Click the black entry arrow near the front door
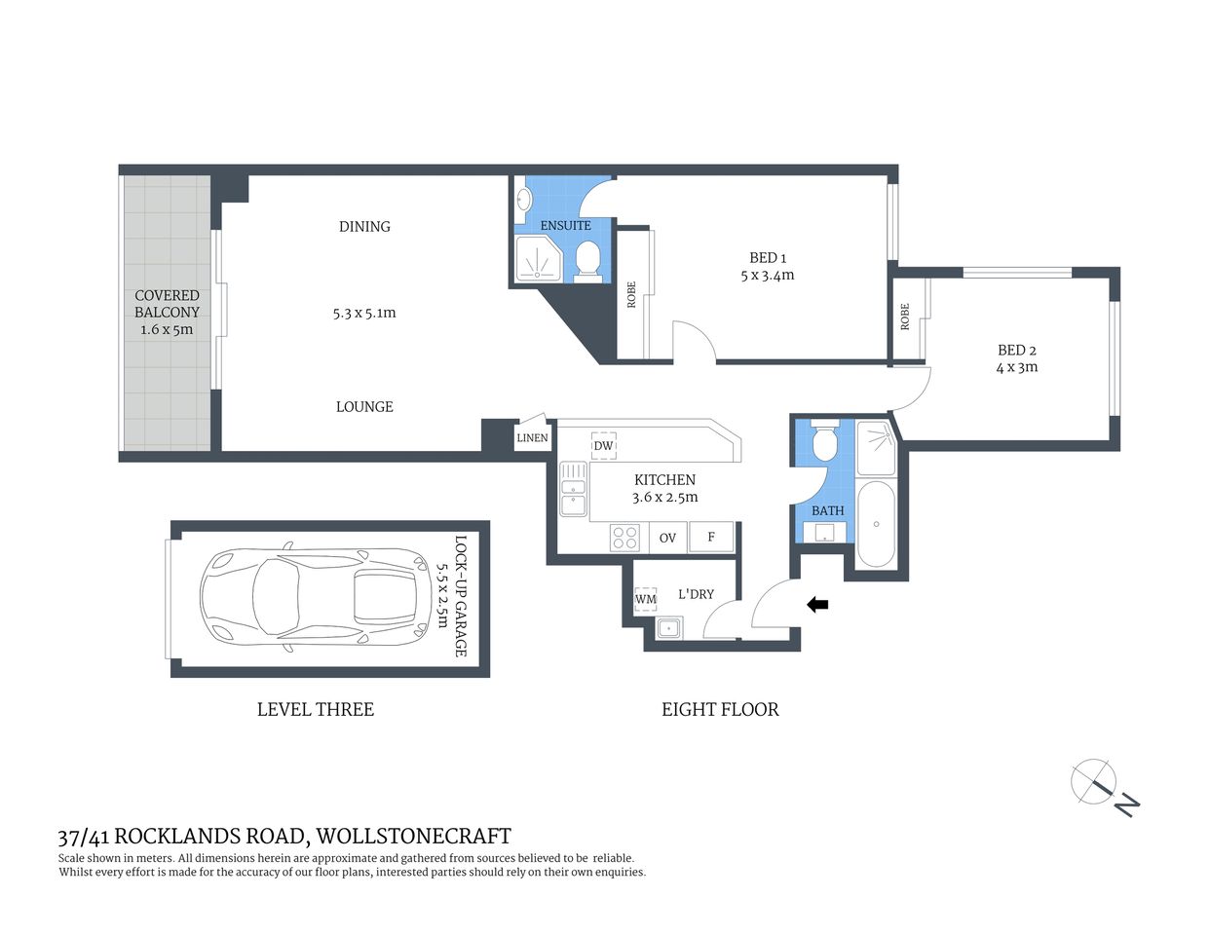coord(817,605)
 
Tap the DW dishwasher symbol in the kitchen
coord(603,446)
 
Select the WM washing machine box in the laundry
coord(645,599)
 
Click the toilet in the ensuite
coord(587,260)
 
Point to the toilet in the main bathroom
coord(825,442)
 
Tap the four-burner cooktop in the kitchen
coord(624,538)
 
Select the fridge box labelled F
coord(711,537)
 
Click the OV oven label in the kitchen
coord(667,538)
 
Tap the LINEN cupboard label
coord(532,437)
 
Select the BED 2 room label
coord(1016,351)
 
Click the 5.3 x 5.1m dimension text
coord(364,314)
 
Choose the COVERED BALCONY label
coord(167,304)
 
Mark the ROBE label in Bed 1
coord(631,295)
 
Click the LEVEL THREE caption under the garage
coord(315,710)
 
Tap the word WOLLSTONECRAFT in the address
coord(413,837)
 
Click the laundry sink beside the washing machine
coord(668,628)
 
